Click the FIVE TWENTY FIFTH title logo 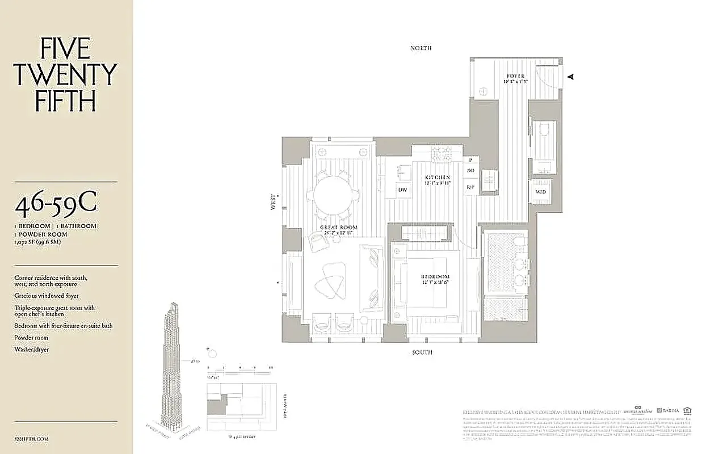[x=65, y=75]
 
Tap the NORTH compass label [x=421, y=49]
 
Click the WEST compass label [x=274, y=201]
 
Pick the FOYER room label [x=515, y=76]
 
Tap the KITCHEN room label [x=438, y=178]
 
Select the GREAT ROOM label [x=341, y=228]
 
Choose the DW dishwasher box [x=402, y=190]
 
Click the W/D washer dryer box [x=540, y=191]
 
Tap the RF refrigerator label [x=470, y=187]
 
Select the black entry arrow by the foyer [x=571, y=77]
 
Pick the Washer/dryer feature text [x=32, y=350]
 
